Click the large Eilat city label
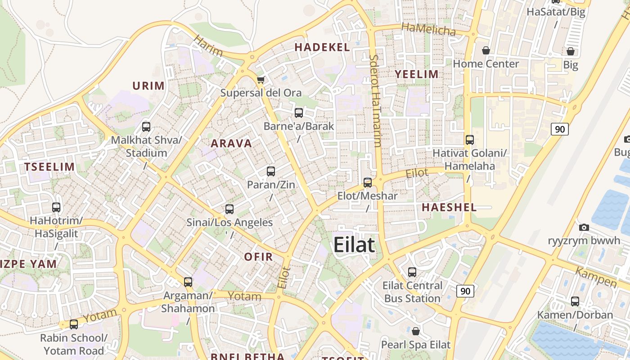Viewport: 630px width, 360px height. [354, 245]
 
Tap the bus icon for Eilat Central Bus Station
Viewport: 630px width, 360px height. [412, 272]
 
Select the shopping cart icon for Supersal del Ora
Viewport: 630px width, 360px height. [261, 80]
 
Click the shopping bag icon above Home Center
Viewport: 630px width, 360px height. [486, 50]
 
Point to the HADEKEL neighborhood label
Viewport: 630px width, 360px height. [322, 47]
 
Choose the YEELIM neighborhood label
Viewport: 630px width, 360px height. [416, 74]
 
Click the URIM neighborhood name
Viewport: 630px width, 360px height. [148, 85]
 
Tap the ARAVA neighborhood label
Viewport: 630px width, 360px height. [231, 144]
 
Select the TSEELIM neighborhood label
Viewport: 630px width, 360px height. [49, 167]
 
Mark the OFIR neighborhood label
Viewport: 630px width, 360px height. [258, 257]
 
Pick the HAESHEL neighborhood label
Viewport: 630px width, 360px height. [449, 207]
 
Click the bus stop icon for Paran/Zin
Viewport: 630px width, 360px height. [271, 171]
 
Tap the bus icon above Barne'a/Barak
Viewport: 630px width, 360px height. [299, 113]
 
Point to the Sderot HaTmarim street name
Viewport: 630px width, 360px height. [375, 101]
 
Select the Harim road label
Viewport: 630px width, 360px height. [208, 46]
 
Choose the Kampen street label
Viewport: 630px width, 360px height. [596, 279]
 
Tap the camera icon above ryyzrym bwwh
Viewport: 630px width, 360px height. [584, 227]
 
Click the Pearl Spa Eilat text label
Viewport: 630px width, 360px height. [415, 345]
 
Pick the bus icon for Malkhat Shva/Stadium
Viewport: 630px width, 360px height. [146, 127]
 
